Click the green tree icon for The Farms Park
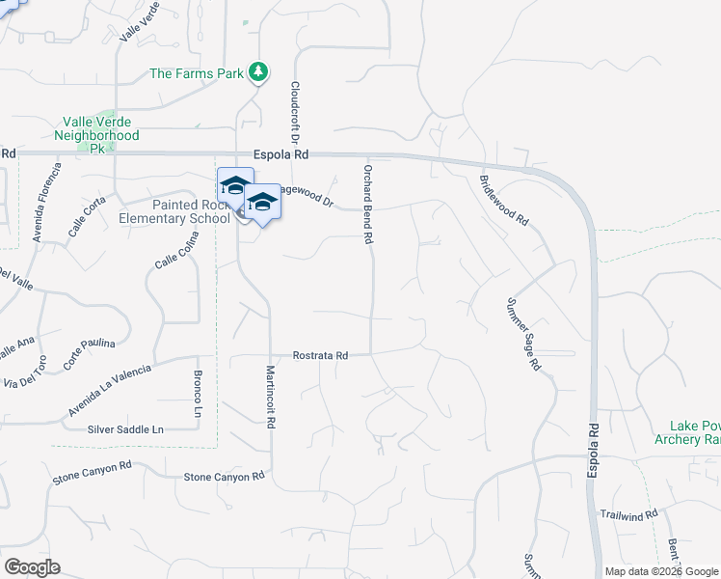[x=257, y=71]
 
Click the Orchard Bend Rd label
[x=367, y=204]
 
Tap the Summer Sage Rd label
[x=523, y=334]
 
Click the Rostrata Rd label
[x=321, y=355]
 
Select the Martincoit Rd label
[x=272, y=397]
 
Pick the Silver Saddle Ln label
[x=126, y=428]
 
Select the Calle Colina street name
[x=177, y=251]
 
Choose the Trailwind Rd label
[x=628, y=514]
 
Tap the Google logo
[x=32, y=567]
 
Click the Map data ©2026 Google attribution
[x=661, y=571]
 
